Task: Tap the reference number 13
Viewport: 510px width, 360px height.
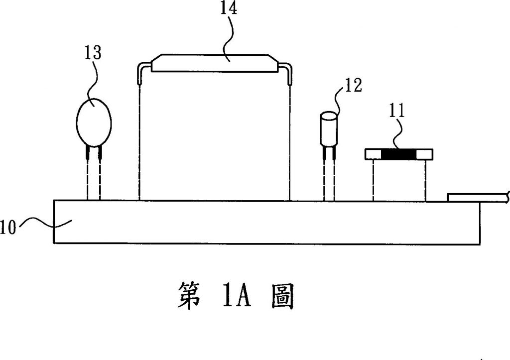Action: (93, 53)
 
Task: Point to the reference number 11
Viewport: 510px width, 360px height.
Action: (396, 111)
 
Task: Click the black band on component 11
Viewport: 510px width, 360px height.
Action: (399, 155)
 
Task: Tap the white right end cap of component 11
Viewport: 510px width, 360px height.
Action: (425, 155)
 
